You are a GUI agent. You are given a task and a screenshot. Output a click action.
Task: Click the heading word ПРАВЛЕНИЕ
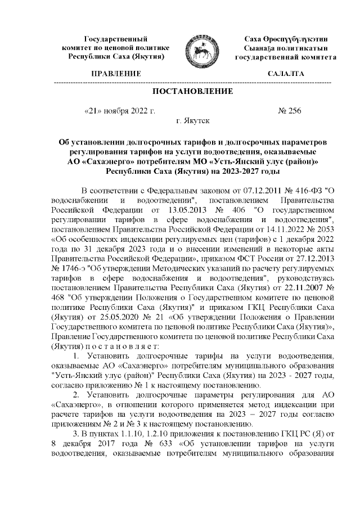116,74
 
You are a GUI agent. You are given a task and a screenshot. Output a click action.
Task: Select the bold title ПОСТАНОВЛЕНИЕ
192,92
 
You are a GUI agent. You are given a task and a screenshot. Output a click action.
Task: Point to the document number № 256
290,110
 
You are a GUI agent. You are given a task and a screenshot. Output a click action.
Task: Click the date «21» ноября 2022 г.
119,110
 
